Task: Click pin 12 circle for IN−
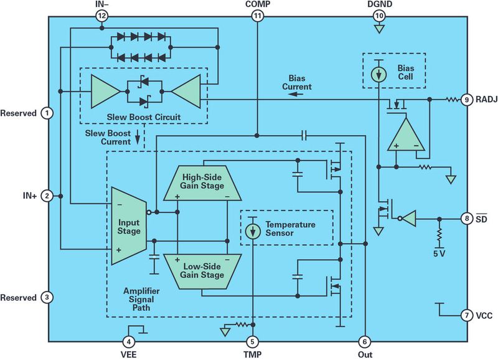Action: [x=102, y=17]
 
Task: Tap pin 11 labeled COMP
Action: [x=257, y=17]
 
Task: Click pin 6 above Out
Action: [x=365, y=341]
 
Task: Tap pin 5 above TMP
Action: [x=253, y=341]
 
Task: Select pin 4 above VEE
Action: [x=128, y=341]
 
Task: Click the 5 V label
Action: [x=439, y=254]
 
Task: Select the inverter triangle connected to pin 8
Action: [x=408, y=219]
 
